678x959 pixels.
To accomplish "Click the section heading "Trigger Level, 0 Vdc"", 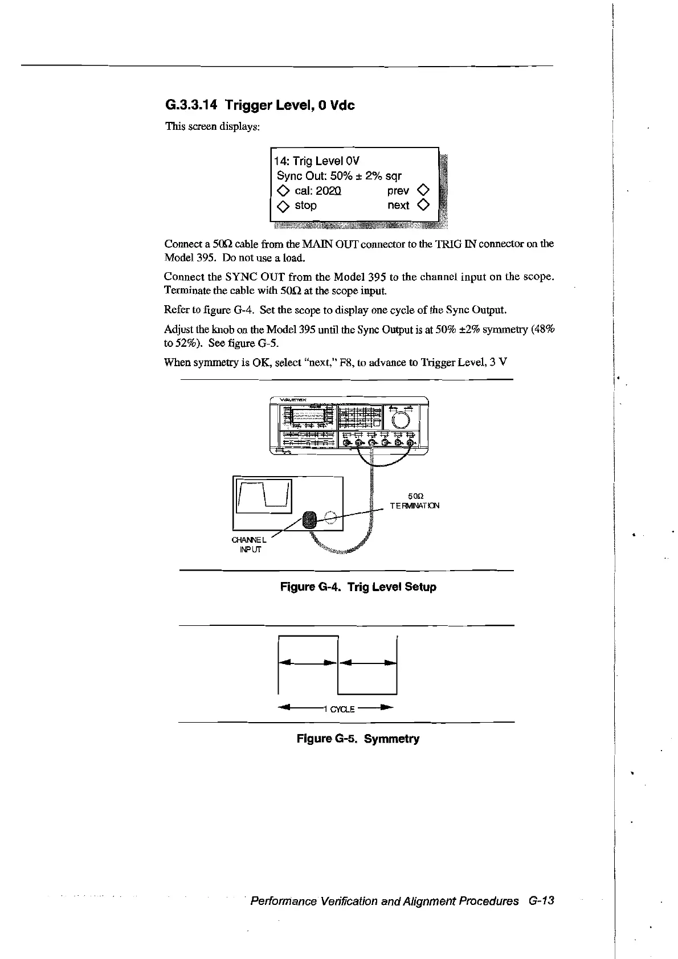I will tap(289, 105).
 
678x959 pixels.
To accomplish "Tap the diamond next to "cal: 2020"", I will tap(283, 191).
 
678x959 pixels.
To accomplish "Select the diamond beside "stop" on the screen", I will tap(283, 206).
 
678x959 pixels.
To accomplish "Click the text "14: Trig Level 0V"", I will tap(317, 161).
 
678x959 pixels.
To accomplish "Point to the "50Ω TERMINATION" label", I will tap(415, 501).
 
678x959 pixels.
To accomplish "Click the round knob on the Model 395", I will tap(401, 420).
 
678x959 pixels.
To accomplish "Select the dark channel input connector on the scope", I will tap(309, 519).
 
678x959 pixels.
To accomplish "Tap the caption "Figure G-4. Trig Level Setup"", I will tap(358, 587).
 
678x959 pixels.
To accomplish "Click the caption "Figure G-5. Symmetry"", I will tap(358, 739).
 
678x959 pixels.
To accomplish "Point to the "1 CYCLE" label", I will tap(339, 709).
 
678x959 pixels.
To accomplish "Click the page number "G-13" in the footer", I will tap(541, 901).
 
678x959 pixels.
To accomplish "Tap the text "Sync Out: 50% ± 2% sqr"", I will tap(339, 176).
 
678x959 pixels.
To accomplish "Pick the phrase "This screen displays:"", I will tap(213, 126).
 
